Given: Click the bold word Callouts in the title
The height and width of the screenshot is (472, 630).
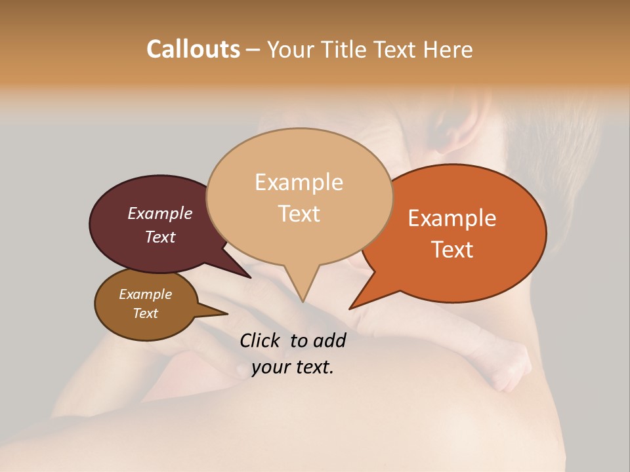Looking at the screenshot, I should [x=193, y=49].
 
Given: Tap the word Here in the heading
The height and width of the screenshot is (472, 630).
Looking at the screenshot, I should [x=446, y=49].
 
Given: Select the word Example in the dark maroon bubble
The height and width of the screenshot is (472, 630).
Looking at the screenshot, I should [x=160, y=213].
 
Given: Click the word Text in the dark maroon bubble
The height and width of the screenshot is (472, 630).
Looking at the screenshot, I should [x=160, y=237].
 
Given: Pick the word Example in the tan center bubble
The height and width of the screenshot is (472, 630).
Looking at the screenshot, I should [x=299, y=182].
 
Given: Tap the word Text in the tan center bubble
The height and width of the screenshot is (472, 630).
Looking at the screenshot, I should [x=299, y=214].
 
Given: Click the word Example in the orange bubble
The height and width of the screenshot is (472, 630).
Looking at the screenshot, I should [x=452, y=218].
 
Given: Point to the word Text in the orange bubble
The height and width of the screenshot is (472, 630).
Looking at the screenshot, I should [x=452, y=250].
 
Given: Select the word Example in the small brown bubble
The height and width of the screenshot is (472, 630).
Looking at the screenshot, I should [x=145, y=294].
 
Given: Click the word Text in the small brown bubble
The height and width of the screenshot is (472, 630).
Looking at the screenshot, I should [x=145, y=313].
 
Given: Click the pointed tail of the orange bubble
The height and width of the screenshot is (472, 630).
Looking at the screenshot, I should [x=360, y=302].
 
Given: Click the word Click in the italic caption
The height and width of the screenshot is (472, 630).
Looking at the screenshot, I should [x=261, y=340].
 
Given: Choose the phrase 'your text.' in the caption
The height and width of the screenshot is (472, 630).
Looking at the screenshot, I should [x=293, y=367].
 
